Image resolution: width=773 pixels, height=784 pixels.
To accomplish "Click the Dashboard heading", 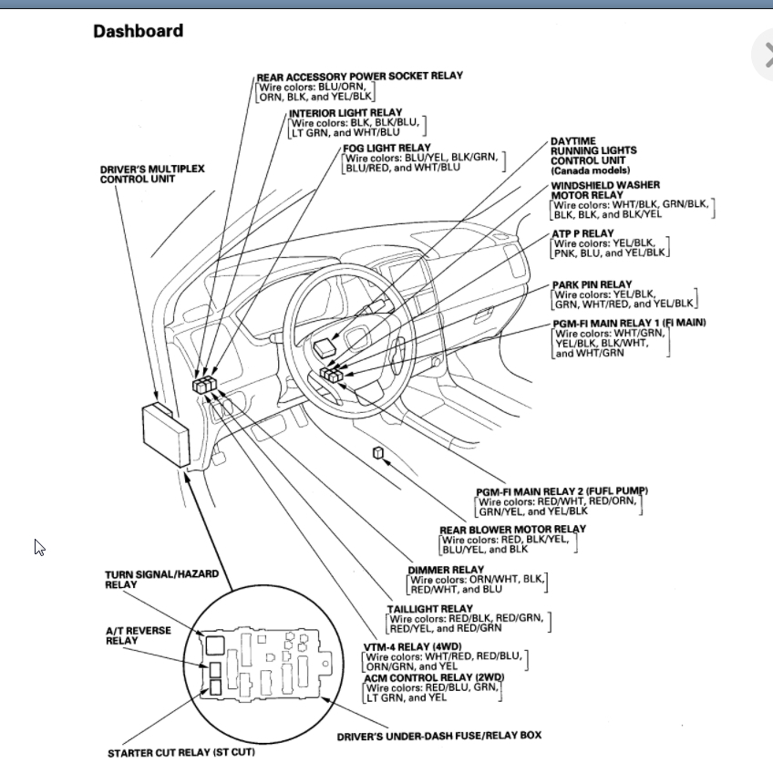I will pyautogui.click(x=138, y=31).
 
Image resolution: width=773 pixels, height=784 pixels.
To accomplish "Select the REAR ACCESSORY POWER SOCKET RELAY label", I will pyautogui.click(x=359, y=77).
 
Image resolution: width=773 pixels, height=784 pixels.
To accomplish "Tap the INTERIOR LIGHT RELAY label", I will pyautogui.click(x=345, y=113).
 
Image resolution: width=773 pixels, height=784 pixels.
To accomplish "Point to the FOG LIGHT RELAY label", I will pyautogui.click(x=386, y=148).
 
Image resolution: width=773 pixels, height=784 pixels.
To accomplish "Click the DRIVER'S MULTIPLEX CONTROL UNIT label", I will pyautogui.click(x=151, y=174).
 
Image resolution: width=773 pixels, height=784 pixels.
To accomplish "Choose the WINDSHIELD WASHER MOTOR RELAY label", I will pyautogui.click(x=605, y=190).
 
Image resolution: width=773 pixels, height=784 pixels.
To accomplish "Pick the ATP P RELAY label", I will pyautogui.click(x=582, y=234).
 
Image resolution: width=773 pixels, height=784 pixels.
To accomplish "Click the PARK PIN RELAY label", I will pyautogui.click(x=592, y=284).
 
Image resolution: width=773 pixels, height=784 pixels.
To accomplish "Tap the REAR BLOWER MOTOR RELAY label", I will pyautogui.click(x=512, y=529).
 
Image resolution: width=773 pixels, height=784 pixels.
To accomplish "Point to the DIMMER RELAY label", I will pyautogui.click(x=446, y=570).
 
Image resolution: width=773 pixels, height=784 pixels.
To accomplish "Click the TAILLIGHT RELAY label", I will pyautogui.click(x=430, y=608).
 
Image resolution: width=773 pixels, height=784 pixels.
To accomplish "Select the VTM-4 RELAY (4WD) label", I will pyautogui.click(x=410, y=647).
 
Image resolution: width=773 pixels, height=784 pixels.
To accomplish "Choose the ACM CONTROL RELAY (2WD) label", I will pyautogui.click(x=433, y=678).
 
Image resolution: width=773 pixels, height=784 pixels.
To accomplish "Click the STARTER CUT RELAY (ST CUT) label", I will pyautogui.click(x=180, y=753).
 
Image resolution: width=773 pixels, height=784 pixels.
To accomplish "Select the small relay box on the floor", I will pyautogui.click(x=376, y=452).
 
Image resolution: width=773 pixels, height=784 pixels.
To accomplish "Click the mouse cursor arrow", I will pyautogui.click(x=39, y=547).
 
